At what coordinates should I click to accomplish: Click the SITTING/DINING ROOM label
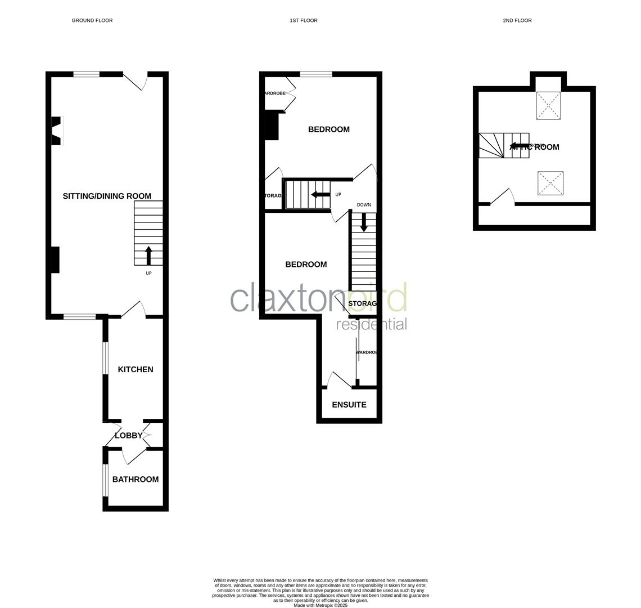107,196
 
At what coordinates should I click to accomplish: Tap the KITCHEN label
136,369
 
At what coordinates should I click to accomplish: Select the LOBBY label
129,435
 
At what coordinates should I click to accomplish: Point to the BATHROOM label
136,479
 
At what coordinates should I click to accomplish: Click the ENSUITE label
349,405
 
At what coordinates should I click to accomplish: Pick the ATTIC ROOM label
534,147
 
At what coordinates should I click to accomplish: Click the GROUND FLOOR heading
92,20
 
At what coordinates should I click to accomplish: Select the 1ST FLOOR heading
304,20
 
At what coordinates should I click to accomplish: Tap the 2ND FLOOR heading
517,20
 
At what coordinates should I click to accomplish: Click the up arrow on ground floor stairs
149,255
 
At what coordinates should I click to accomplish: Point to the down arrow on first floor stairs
364,222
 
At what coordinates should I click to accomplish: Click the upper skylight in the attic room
548,105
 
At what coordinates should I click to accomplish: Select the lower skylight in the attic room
550,184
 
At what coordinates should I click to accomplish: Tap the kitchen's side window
105,358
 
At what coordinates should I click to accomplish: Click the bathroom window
105,480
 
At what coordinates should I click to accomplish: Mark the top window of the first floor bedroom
316,74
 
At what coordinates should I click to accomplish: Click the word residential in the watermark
371,324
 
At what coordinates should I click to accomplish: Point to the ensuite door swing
339,379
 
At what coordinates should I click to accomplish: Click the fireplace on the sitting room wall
57,131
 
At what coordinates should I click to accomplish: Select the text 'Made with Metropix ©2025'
320,605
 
